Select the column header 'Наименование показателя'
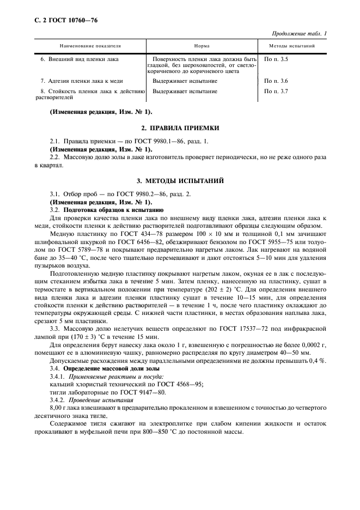pyautogui.click(x=90, y=46)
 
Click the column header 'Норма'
pyautogui.click(x=202, y=46)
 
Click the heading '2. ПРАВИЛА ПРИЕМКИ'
pyautogui.click(x=180, y=127)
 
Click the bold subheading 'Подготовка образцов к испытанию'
pyautogui.click(x=111, y=210)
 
